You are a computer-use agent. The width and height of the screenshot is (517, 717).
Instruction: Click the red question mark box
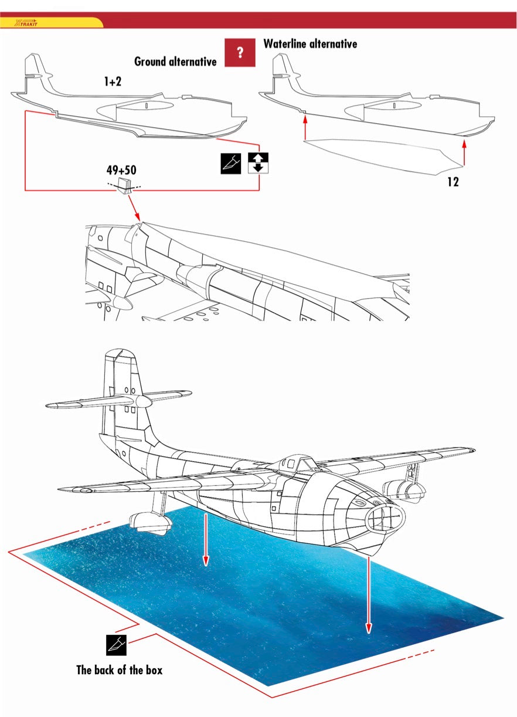pyautogui.click(x=240, y=52)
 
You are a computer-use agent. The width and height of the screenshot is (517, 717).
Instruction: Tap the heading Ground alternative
pyautogui.click(x=175, y=61)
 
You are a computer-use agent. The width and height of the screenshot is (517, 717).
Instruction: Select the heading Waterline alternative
pyautogui.click(x=310, y=43)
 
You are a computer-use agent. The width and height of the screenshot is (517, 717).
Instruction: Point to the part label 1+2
pyautogui.click(x=113, y=82)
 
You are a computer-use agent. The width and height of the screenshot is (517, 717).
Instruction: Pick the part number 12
pyautogui.click(x=453, y=182)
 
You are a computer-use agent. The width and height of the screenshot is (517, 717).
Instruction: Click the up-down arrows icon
pyautogui.click(x=258, y=163)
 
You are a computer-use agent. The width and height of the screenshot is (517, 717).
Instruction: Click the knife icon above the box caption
pyautogui.click(x=115, y=645)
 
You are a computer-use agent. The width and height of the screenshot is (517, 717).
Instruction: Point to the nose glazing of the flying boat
pyautogui.click(x=385, y=516)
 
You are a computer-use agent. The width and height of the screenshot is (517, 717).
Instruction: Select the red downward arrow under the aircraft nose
pyautogui.click(x=369, y=593)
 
